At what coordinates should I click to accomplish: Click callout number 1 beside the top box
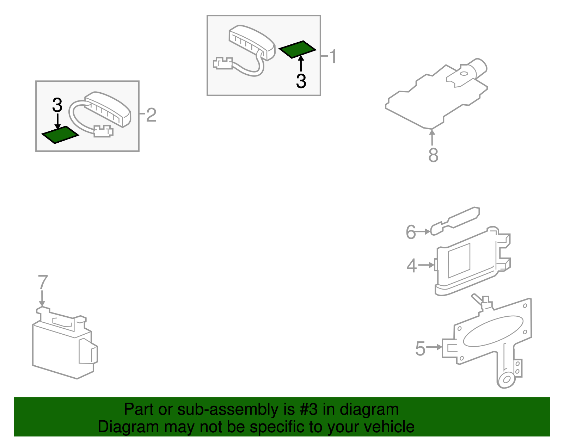pos(333,56)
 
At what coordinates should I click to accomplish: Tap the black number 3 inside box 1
pos(301,81)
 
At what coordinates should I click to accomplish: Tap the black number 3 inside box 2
pos(57,105)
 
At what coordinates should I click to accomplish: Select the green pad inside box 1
pos(297,49)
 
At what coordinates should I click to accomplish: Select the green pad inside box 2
pos(60,135)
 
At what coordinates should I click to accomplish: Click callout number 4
pos(411,266)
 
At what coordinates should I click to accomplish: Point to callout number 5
pos(420,348)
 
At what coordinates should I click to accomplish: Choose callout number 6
pos(411,232)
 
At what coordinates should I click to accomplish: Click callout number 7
pos(43,282)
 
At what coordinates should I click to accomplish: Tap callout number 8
pos(433,155)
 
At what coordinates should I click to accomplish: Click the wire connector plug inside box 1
pos(222,63)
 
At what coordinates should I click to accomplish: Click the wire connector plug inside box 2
pos(103,131)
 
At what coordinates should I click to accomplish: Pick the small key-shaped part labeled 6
pos(455,221)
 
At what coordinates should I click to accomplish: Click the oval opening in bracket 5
pos(493,331)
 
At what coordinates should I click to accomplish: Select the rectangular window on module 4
pos(459,260)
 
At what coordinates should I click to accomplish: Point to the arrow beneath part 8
pos(432,137)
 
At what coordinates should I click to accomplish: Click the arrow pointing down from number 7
pos(42,298)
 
